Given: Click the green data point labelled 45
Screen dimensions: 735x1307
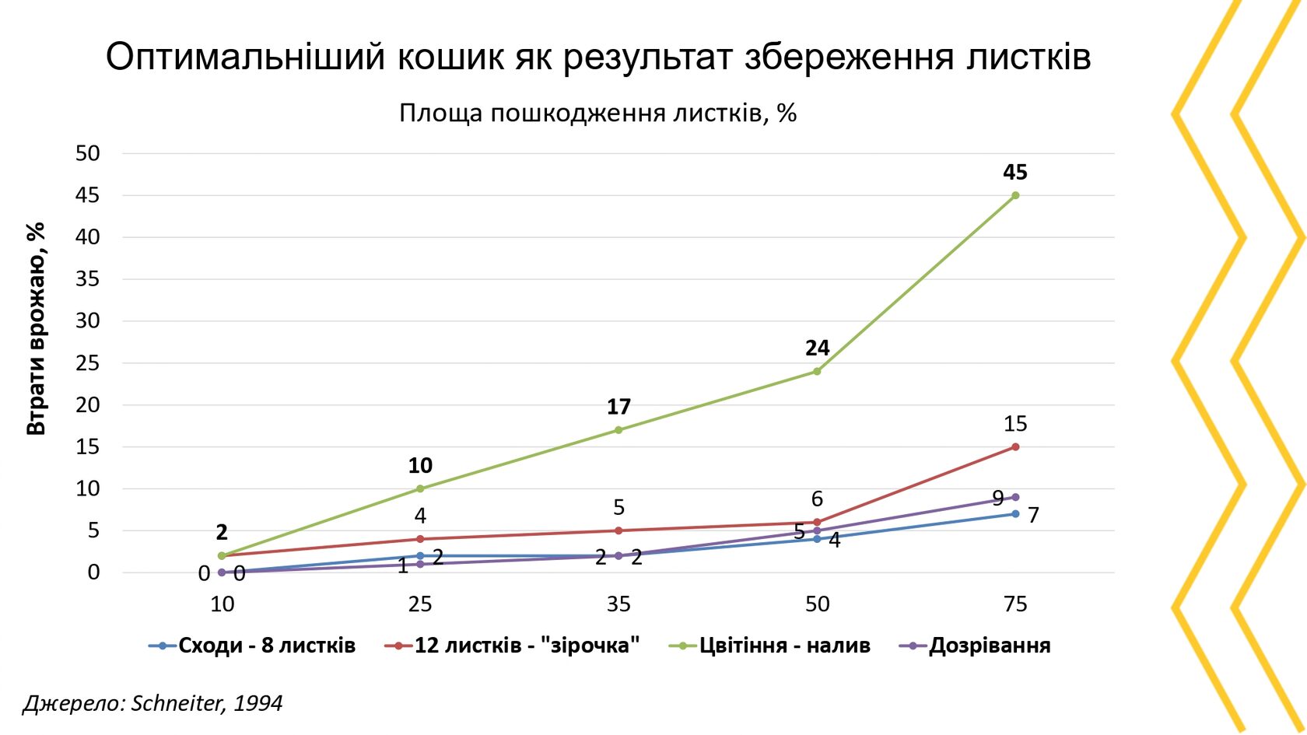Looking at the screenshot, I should tap(1015, 195).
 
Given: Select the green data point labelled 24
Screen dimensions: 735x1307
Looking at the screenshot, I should tap(817, 371).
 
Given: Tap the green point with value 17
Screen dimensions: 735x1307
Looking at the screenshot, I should tap(618, 430).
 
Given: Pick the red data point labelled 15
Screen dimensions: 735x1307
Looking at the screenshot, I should tap(1015, 447).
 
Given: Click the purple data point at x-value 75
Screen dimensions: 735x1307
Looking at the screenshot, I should tap(1015, 497).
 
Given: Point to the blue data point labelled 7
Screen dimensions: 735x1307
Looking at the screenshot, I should tap(1015, 514).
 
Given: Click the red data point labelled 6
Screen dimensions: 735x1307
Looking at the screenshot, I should tap(817, 523).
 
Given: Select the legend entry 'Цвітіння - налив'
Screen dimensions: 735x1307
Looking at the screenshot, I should tap(784, 646).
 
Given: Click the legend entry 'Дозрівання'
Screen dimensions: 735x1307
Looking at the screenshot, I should tap(990, 646).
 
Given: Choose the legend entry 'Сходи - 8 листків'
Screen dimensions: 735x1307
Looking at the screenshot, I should tap(267, 646).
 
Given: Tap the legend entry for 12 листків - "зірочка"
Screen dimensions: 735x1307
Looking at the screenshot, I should tap(527, 646).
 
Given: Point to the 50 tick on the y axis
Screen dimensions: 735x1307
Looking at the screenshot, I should tap(88, 153).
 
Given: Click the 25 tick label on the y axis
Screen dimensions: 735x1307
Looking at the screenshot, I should tap(88, 363).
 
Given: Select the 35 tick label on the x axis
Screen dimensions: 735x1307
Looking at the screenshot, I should tap(618, 604).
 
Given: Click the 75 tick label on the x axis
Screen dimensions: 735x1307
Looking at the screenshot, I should tap(1015, 604).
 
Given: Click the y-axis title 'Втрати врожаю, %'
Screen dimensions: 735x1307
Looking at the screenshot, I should tap(37, 328).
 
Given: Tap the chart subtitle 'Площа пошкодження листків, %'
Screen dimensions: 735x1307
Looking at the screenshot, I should tap(597, 114).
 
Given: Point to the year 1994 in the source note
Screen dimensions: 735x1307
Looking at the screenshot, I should tap(258, 703).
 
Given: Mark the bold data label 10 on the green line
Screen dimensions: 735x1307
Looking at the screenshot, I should tap(420, 466).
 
